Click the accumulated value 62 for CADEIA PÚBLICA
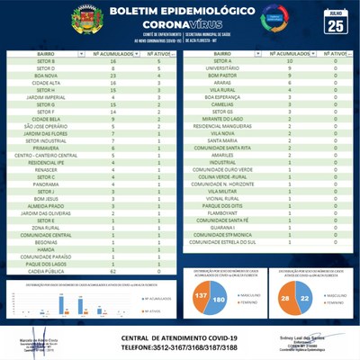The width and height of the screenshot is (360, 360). click(x=112, y=271)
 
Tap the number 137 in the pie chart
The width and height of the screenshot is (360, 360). click(x=201, y=297)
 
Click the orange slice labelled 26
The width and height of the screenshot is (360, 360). click(x=285, y=298)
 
